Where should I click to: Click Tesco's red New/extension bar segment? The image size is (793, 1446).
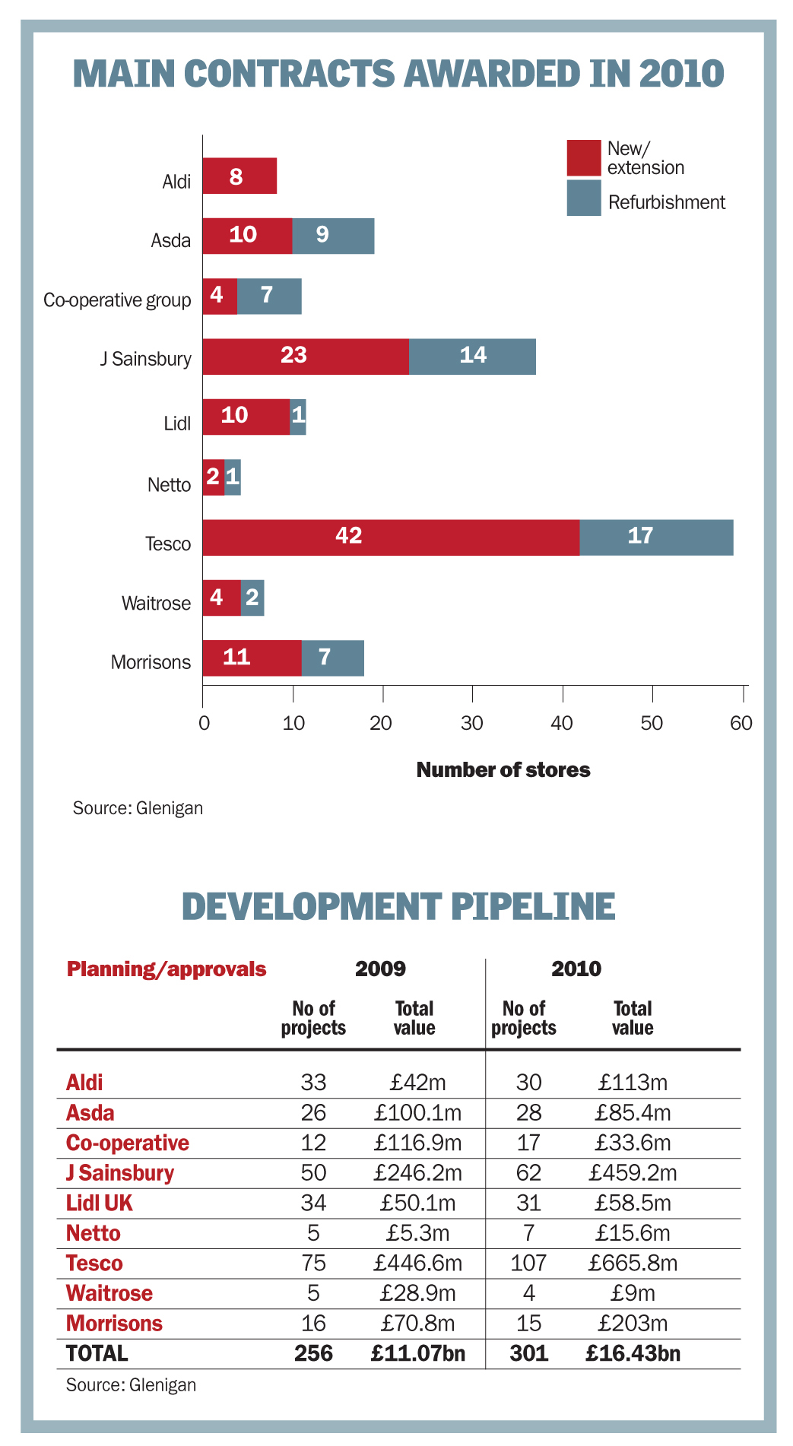click(391, 537)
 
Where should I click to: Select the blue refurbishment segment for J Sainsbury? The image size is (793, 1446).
click(472, 357)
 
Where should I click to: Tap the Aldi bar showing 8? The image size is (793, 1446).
click(239, 176)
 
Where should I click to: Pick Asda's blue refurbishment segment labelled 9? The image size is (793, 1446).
click(333, 236)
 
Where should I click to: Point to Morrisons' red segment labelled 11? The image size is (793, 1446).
click(252, 658)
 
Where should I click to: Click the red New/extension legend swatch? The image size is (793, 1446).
click(583, 158)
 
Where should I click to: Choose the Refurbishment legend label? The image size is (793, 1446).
click(667, 202)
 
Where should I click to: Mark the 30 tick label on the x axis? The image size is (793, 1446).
click(472, 723)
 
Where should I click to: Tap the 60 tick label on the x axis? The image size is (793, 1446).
click(741, 723)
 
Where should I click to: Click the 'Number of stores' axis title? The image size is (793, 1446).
click(503, 770)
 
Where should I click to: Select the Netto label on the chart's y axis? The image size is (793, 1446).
click(169, 485)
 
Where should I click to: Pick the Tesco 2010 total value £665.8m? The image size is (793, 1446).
click(633, 1264)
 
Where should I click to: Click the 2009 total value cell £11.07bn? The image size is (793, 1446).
click(417, 1353)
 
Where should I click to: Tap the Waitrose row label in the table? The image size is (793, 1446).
click(109, 1293)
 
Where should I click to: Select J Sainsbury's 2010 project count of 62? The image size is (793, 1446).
click(528, 1173)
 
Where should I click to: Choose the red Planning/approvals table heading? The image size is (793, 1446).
click(167, 969)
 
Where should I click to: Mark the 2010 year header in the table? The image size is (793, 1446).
click(576, 969)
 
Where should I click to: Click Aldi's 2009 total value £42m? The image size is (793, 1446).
click(417, 1083)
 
